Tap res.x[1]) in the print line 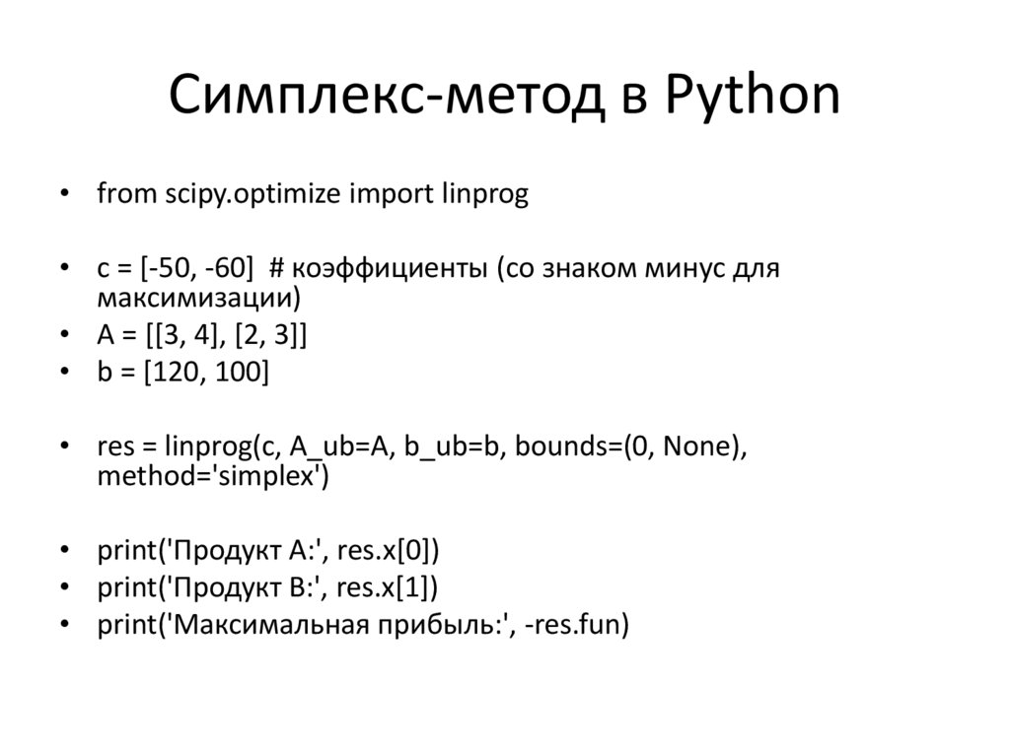click(387, 588)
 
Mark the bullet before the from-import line click(64, 195)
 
